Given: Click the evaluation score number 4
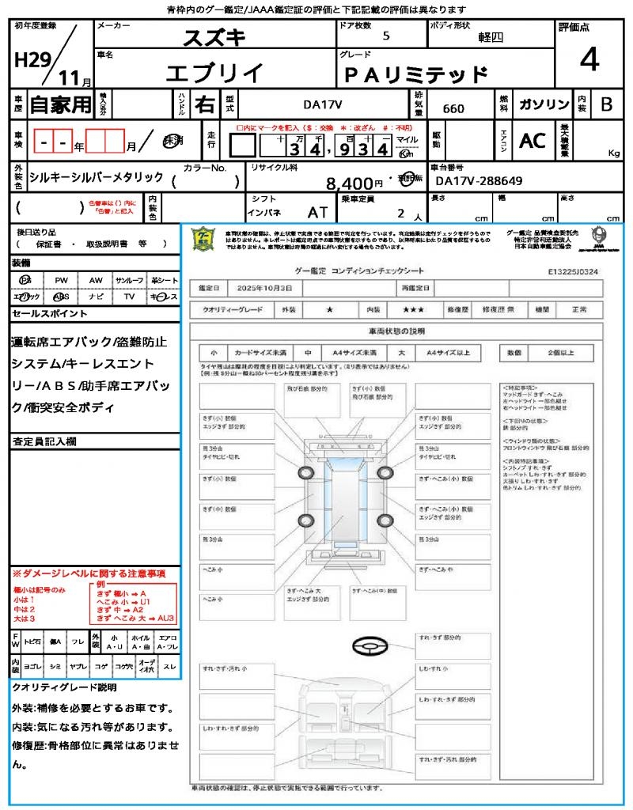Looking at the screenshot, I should (x=589, y=60).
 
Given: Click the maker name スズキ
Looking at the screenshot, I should (x=214, y=37).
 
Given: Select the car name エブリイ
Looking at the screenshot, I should (x=214, y=73).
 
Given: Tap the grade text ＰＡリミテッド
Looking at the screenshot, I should (x=415, y=75).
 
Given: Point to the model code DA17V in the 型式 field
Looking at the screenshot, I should (x=323, y=104).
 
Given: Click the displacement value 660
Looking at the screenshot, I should (x=453, y=108).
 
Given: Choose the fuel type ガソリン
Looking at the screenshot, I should (x=544, y=104).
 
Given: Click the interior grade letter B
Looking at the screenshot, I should (x=607, y=104).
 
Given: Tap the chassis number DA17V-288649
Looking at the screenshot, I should (x=479, y=181).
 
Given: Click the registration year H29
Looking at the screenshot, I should (x=32, y=61).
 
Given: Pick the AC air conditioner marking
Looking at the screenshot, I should (x=533, y=141).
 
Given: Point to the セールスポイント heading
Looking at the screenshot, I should (x=50, y=314).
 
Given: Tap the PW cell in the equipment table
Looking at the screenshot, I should (x=61, y=280).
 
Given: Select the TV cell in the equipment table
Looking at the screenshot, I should (x=129, y=296).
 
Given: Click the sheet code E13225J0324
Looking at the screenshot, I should (x=572, y=271).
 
